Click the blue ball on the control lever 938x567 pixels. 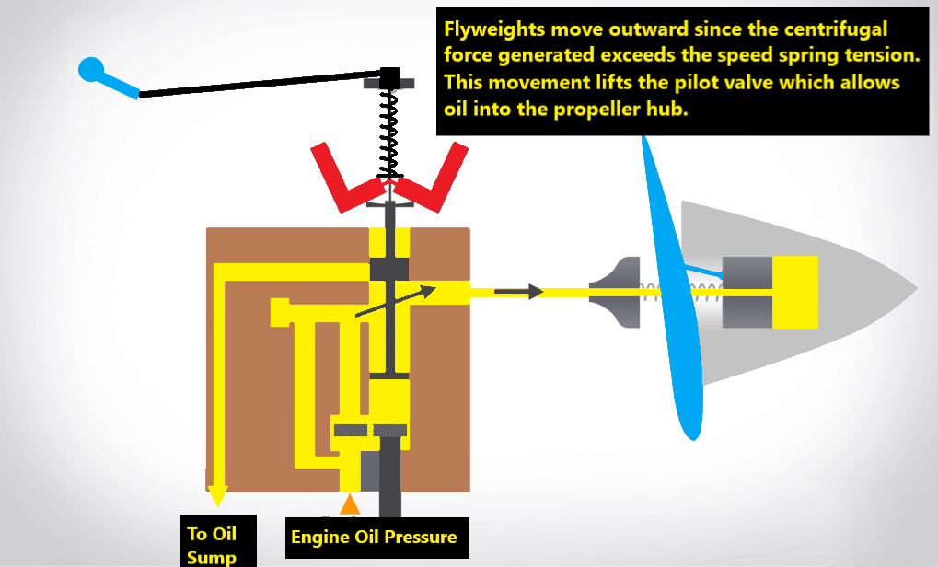pyautogui.click(x=91, y=69)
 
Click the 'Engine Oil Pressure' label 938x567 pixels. pyautogui.click(x=374, y=537)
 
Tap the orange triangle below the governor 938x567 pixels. pyautogui.click(x=349, y=503)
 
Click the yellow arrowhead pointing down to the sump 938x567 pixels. pyautogui.click(x=217, y=496)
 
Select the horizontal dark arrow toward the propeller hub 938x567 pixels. pyautogui.click(x=518, y=292)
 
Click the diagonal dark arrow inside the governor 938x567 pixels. pyautogui.click(x=395, y=302)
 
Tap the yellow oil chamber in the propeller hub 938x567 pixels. pyautogui.click(x=794, y=292)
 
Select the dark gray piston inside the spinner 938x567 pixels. pyautogui.click(x=747, y=292)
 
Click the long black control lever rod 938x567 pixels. pyautogui.click(x=258, y=83)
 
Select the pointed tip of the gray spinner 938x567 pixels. pyautogui.click(x=913, y=287)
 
